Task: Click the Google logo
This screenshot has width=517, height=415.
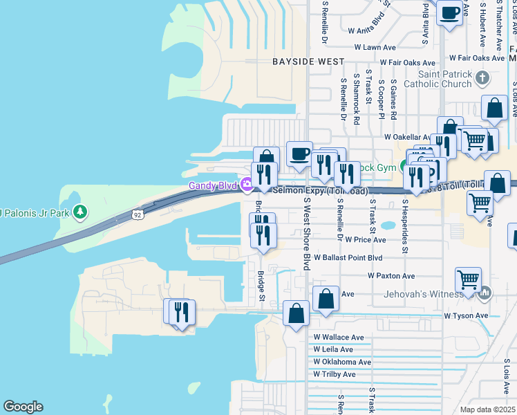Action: [23, 407]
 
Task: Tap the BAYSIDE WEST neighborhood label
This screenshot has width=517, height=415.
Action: [308, 62]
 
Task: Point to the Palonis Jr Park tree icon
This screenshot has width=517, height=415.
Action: [81, 211]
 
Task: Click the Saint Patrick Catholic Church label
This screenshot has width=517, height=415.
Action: [445, 79]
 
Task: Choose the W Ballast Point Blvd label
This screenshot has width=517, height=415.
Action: [348, 257]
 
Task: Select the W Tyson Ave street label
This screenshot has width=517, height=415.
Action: [466, 315]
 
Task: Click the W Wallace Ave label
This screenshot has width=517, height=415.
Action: [338, 338]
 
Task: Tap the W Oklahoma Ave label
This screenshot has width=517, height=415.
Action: [341, 362]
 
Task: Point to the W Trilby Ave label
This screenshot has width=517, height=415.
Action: [334, 374]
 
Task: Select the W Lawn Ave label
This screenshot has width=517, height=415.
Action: [375, 48]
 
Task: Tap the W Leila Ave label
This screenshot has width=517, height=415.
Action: [332, 349]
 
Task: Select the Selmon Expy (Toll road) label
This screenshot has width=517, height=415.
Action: [320, 190]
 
